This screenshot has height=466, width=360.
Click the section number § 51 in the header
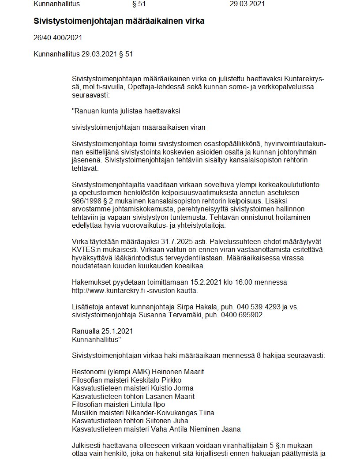click(139, 4)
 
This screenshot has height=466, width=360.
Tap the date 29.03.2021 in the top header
click(247, 4)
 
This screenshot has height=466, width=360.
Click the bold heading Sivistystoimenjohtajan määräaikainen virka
click(119, 21)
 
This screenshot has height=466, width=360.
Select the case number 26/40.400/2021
click(58, 38)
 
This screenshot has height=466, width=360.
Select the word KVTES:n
click(86, 250)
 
